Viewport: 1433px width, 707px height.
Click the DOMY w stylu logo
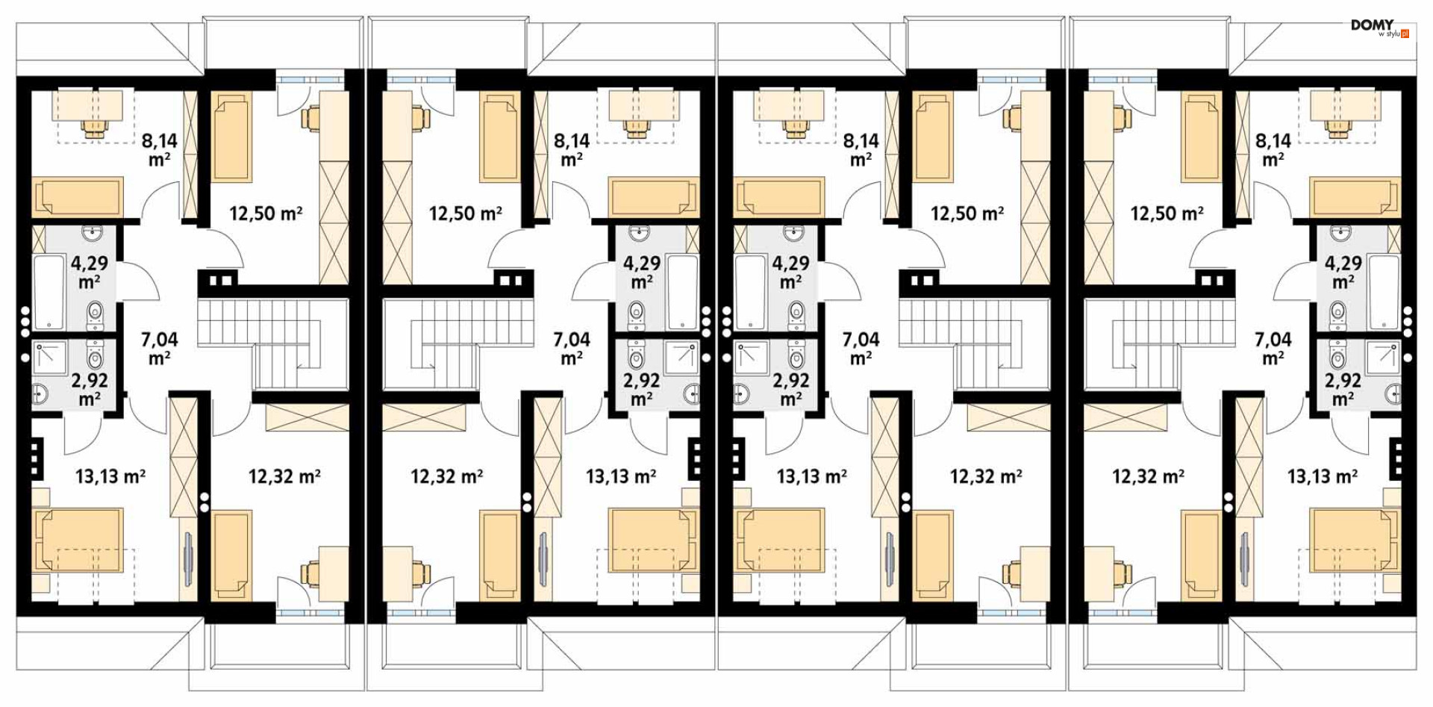1380,28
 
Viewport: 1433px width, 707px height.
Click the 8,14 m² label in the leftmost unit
160,149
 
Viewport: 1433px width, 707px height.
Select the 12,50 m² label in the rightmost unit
1167,214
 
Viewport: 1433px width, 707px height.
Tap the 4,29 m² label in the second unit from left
642,272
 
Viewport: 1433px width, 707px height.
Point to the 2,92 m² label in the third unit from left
791,390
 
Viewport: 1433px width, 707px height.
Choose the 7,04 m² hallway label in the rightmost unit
1273,349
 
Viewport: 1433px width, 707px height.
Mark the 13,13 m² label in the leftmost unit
110,476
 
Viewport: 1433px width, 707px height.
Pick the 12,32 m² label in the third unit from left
986,476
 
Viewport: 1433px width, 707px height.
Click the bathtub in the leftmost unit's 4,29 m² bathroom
49,292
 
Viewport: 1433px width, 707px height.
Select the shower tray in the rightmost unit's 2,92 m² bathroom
1383,358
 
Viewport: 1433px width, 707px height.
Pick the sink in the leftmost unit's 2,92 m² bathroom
40,393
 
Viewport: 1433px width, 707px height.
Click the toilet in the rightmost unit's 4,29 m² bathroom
1338,314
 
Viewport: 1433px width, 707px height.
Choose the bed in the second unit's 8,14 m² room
654,197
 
